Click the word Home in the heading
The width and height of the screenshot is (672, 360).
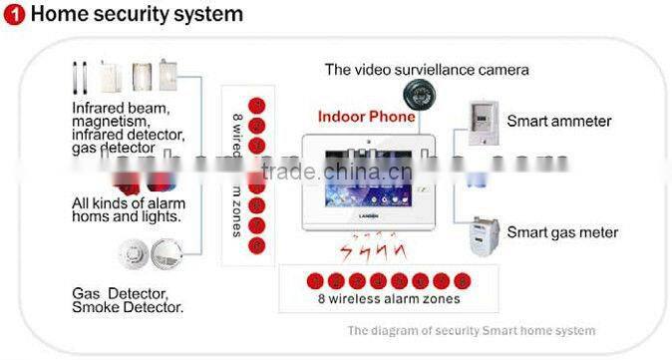[x=56, y=14]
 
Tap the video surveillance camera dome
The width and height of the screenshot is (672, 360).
[x=417, y=95]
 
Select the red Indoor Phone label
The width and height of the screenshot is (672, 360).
[x=366, y=117]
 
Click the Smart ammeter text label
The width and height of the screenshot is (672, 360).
[x=558, y=122]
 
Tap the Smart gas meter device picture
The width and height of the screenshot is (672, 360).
[x=484, y=234]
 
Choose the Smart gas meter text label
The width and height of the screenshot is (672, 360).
[x=562, y=232]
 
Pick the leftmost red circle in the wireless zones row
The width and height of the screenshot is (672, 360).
[x=314, y=280]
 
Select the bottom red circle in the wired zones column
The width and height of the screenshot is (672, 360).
[x=256, y=244]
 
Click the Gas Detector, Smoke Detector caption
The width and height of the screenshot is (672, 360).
[x=127, y=300]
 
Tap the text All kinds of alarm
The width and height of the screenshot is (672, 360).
[x=129, y=203]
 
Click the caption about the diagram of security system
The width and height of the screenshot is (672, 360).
[x=471, y=330]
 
